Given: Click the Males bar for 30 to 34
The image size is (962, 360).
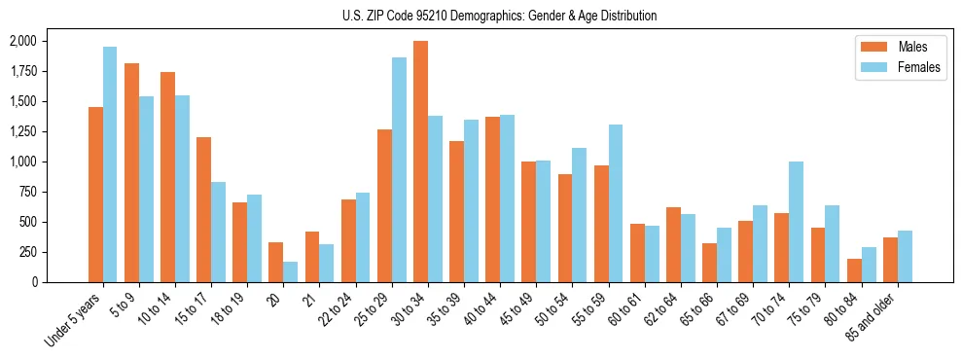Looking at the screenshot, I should (x=420, y=162).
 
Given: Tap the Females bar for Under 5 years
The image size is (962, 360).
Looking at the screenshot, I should (x=110, y=164).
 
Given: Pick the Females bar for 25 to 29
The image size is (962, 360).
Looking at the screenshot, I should (x=399, y=169).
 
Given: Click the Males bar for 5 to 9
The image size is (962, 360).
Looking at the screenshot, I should (x=131, y=172).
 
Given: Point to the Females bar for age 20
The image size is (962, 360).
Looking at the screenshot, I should (x=291, y=271).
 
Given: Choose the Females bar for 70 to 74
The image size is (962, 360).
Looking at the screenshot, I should (x=797, y=222).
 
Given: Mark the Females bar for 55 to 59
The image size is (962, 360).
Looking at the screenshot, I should (x=616, y=203).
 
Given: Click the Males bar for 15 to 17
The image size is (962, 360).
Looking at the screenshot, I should (x=203, y=209).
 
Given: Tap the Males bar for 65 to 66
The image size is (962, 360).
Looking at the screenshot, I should (x=709, y=263).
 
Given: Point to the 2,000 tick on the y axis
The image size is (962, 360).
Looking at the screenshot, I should (x=22, y=41).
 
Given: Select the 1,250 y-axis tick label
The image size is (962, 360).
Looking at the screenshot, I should (x=22, y=131).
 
